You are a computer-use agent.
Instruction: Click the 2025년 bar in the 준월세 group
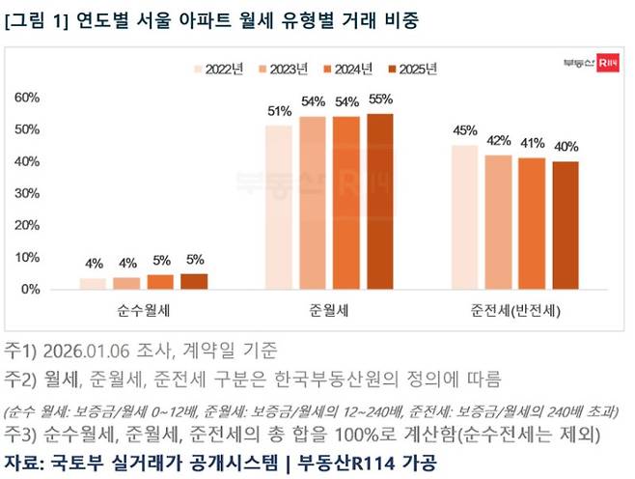379,201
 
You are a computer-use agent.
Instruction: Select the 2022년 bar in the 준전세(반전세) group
464,216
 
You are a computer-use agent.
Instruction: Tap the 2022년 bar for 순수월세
93,283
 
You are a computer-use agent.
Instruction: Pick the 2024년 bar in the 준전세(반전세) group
532,223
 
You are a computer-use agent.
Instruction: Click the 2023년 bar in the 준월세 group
313,203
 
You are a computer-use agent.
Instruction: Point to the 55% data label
380,99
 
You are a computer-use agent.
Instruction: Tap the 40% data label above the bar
566,147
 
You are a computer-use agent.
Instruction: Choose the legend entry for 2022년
220,69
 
